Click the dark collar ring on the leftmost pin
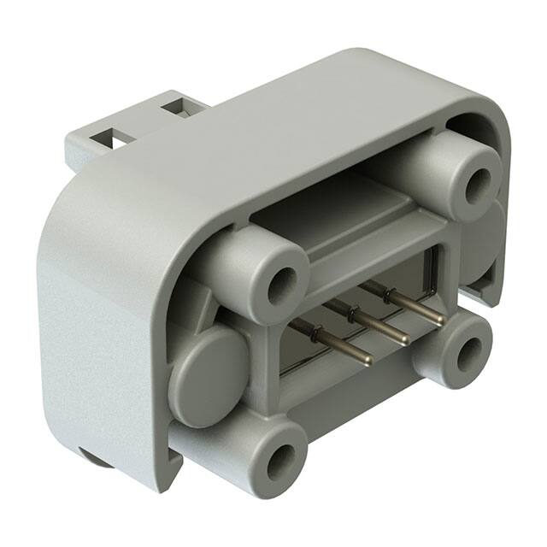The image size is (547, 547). pos(315,336)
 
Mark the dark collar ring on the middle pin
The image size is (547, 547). pos(350,313)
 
